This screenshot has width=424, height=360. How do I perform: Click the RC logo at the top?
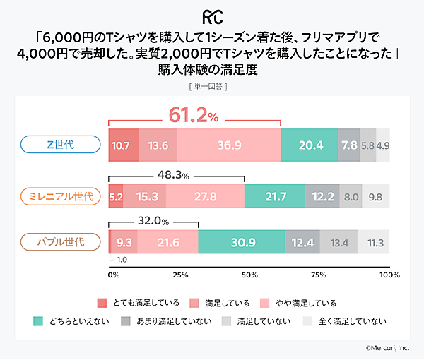pos(211,16)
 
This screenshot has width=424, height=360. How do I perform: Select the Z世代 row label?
pos(60,145)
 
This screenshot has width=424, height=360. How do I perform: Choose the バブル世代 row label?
pos(60,242)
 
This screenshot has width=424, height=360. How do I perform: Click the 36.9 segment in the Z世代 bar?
pos(228,145)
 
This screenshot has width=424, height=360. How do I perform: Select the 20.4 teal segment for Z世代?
pos(309,145)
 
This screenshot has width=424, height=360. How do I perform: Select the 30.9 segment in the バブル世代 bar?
pos(242,243)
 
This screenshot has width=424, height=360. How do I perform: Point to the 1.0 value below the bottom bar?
pos(122,259)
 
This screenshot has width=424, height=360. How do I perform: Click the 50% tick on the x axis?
pos(249,275)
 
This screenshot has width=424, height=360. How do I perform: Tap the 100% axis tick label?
pos(389,275)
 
